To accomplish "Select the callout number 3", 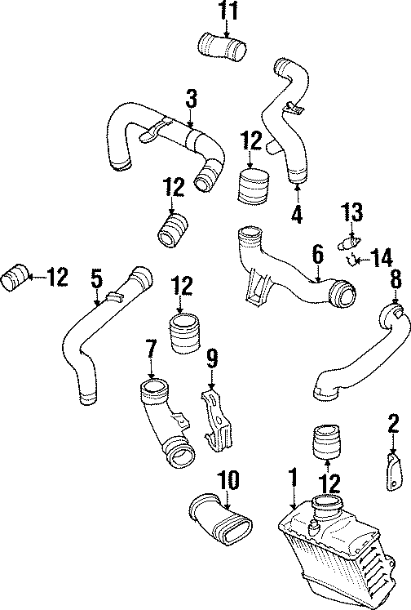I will click(191, 100).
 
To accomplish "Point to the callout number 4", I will click(297, 215).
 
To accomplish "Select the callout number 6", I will click(318, 256).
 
